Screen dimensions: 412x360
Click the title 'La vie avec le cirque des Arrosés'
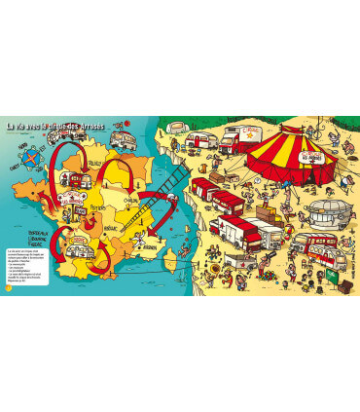[x=93, y=127]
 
